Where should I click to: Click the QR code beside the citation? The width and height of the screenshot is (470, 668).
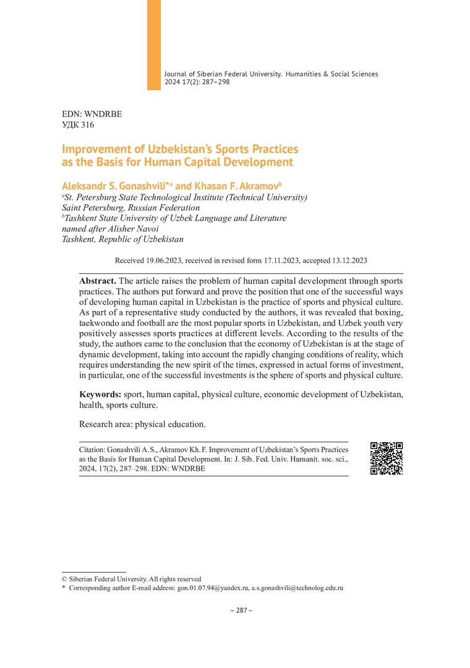pos(387,458)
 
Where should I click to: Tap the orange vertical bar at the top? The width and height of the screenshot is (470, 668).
pos(153,45)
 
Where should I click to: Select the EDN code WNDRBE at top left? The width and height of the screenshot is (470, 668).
pos(103,114)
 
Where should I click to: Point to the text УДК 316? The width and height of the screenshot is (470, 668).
pos(79,125)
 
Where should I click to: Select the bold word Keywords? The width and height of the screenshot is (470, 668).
pos(100,394)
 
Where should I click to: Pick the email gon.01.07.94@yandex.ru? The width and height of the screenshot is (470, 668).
pos(213,588)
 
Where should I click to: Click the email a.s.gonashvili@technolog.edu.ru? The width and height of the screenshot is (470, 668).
pos(297,588)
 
